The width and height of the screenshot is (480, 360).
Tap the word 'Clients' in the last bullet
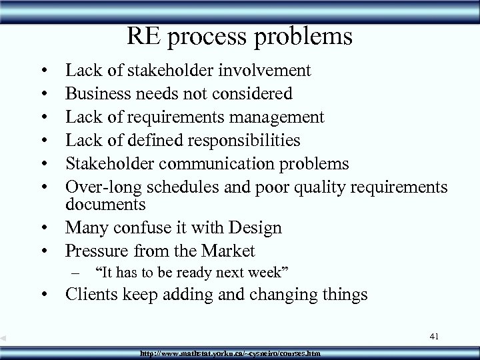pyautogui.click(x=93, y=295)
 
